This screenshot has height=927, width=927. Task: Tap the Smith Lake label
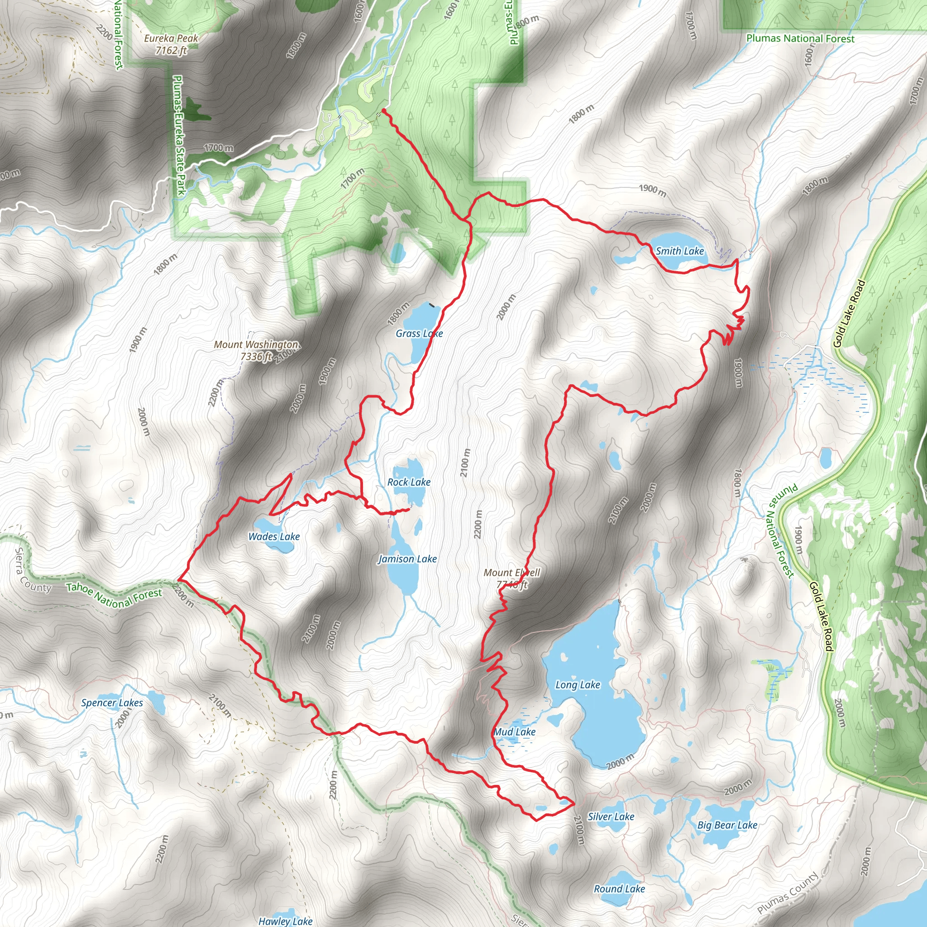point(679,251)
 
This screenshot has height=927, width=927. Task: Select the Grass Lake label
point(419,334)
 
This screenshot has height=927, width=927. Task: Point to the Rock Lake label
point(409,482)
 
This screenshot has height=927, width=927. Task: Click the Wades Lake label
point(274,536)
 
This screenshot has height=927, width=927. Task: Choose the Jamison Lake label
point(407,559)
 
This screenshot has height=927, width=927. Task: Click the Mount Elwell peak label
point(511,578)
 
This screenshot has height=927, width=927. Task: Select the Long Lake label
point(578,685)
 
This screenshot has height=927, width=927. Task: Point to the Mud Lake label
point(514,732)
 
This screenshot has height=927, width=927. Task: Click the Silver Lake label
point(611,817)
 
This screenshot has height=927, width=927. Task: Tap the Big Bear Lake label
point(727,825)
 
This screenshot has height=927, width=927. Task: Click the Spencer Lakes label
point(112,703)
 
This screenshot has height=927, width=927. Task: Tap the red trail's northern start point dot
point(384,111)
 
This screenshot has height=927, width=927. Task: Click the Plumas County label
point(788,894)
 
